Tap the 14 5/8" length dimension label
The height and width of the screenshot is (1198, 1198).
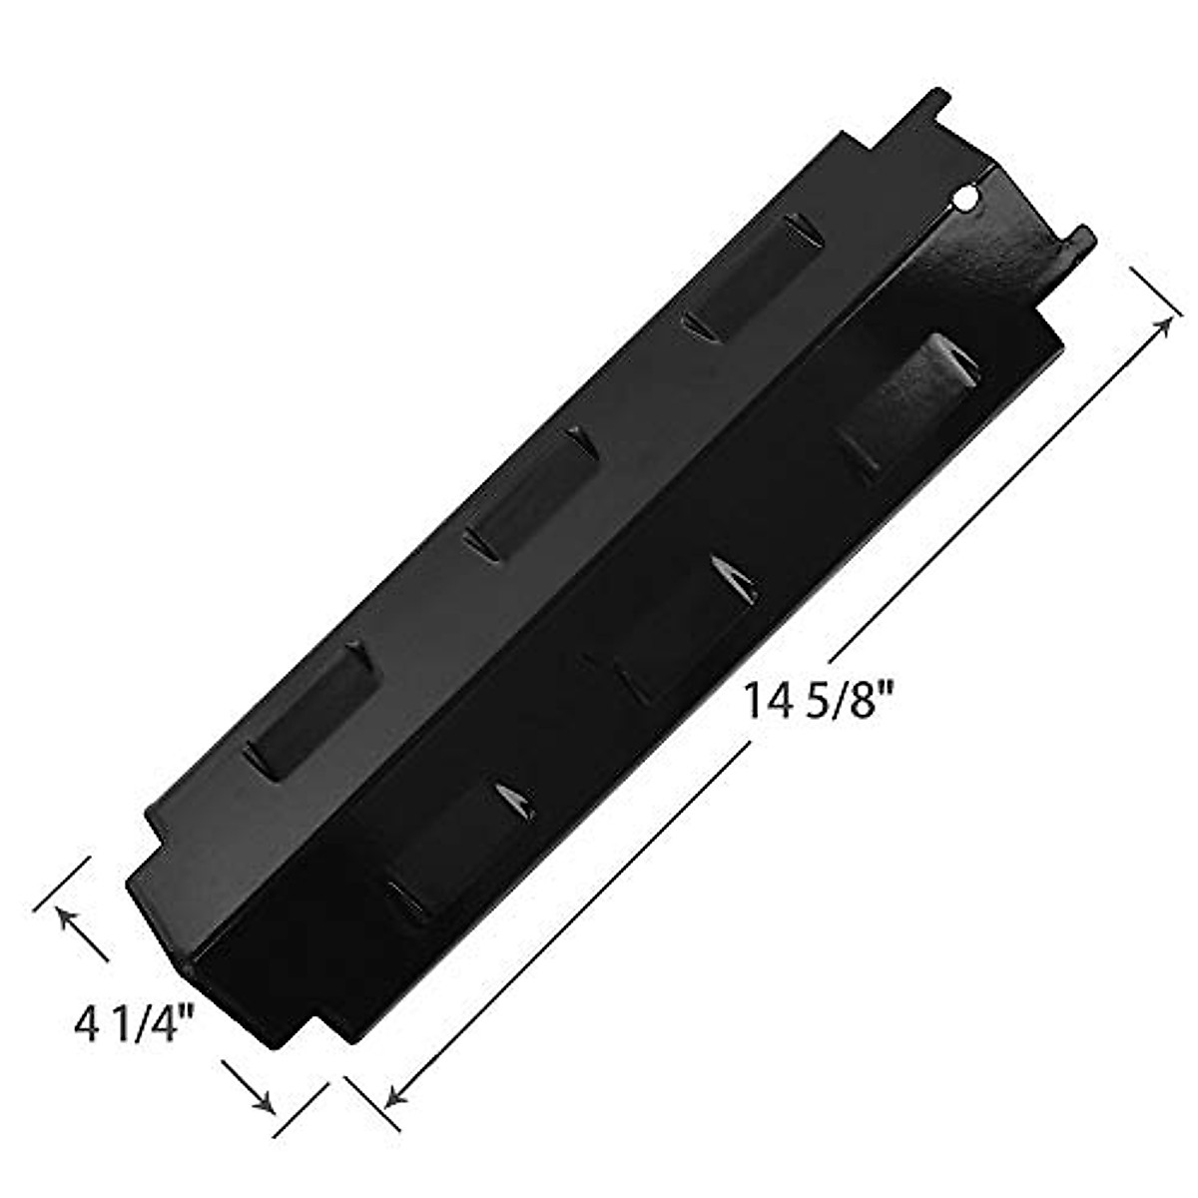pyautogui.click(x=814, y=700)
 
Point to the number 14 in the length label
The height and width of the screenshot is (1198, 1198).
pyautogui.click(x=764, y=700)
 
